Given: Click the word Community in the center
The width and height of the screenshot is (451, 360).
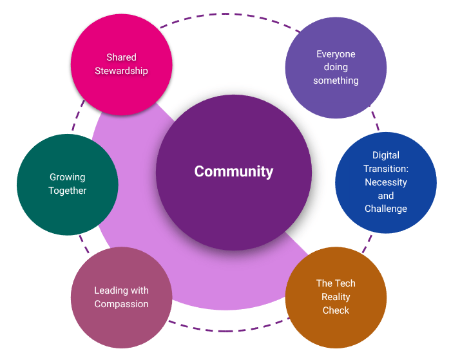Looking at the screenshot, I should click(234, 172).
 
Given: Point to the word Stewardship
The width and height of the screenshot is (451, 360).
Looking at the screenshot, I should click(121, 71).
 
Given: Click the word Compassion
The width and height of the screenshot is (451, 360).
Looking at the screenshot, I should click(121, 304).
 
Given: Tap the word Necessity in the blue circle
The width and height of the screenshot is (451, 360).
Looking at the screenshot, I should click(386, 182).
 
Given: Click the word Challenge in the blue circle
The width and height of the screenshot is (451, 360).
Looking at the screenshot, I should click(386, 209).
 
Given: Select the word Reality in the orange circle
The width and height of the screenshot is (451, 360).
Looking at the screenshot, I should click(336, 297).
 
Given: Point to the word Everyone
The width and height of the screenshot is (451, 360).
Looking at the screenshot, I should click(336, 54).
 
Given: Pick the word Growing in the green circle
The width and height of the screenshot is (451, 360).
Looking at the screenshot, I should click(68, 177).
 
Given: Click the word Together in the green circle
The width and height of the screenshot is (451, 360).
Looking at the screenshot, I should click(68, 191).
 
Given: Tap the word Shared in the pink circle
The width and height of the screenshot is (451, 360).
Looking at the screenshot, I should click(121, 57).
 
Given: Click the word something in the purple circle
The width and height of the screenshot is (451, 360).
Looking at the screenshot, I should click(336, 81).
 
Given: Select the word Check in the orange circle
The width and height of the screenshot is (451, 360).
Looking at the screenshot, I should click(336, 310).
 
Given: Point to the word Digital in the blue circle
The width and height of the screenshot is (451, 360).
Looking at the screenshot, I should click(386, 155).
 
